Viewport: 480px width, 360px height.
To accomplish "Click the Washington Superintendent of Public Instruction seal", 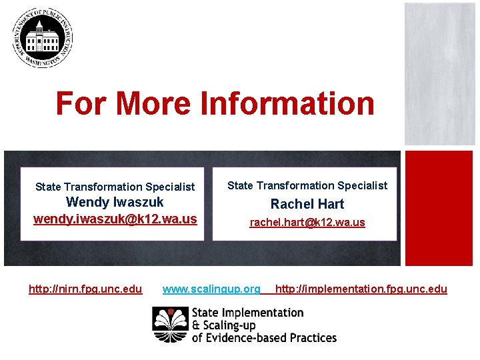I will (42, 37).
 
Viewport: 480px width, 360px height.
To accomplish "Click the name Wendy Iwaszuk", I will (115, 202).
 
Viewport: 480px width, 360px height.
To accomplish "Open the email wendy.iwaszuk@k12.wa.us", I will (115, 219).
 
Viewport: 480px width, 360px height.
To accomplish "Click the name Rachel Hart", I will (307, 204).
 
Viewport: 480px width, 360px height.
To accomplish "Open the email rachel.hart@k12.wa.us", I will (307, 222).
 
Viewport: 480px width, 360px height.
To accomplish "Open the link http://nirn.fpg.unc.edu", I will (85, 289).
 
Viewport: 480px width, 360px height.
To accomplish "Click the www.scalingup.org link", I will (211, 289).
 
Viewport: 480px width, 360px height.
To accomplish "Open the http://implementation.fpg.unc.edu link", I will (361, 289).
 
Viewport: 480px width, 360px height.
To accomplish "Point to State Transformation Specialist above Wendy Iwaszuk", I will (115, 187).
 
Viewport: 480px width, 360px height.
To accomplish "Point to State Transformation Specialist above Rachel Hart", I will (307, 185).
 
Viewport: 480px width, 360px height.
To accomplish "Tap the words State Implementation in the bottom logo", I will (247, 313).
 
